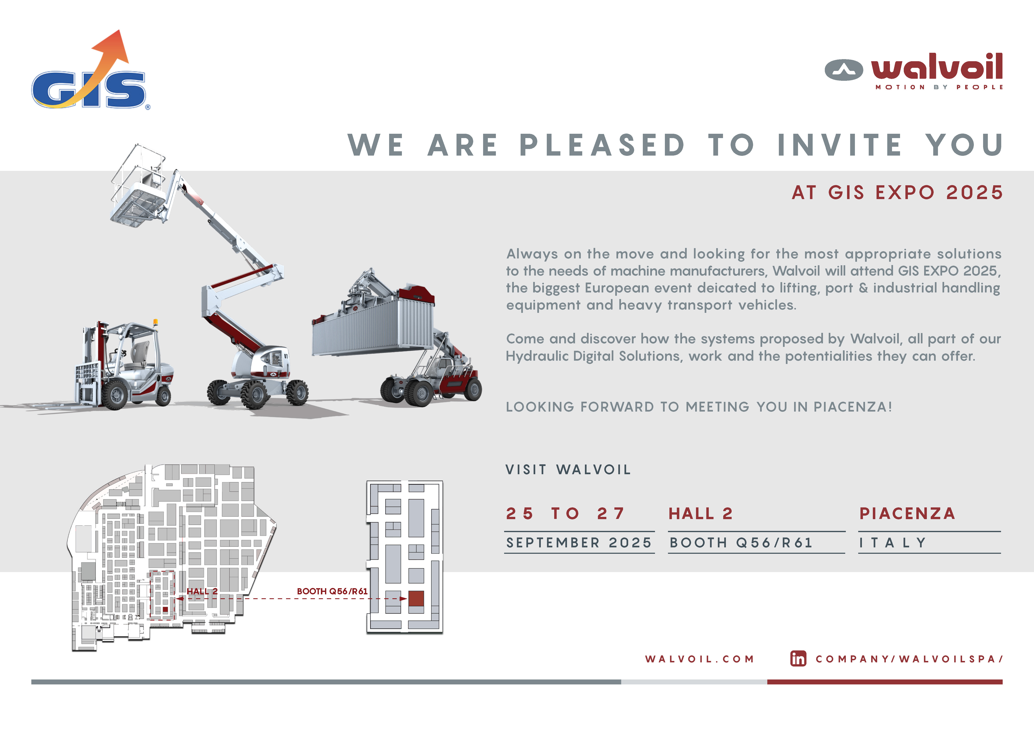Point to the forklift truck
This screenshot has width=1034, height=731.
[124, 365]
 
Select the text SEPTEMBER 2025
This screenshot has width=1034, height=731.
[579, 543]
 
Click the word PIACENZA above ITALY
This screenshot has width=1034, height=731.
[907, 513]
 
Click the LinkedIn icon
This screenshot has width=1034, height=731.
[798, 658]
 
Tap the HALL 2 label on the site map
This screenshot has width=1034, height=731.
[202, 591]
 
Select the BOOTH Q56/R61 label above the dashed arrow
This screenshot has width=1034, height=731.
[332, 591]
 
